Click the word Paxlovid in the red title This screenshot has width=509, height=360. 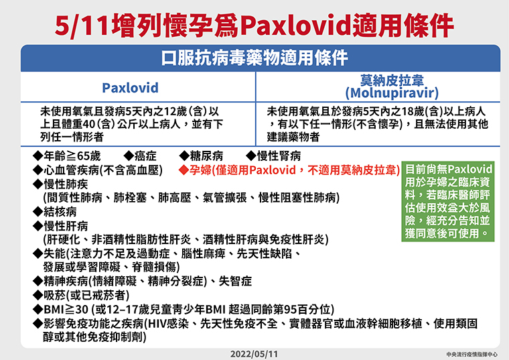click(x=296, y=26)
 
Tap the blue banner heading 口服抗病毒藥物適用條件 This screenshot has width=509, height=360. click(x=254, y=58)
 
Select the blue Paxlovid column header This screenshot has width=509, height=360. click(x=130, y=88)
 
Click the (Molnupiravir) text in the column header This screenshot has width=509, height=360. click(x=392, y=93)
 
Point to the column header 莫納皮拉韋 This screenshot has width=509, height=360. click(x=392, y=80)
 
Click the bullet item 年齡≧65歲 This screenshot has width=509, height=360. click(x=66, y=156)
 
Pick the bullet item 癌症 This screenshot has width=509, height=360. click(x=140, y=156)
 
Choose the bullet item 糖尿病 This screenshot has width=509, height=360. click(x=201, y=156)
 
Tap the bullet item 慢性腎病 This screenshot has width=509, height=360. click(x=273, y=156)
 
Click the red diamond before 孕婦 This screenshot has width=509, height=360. click(x=184, y=170)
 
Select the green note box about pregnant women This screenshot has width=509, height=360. click(x=448, y=201)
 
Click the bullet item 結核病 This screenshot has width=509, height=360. click(x=54, y=212)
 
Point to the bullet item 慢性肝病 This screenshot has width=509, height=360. click(x=60, y=226)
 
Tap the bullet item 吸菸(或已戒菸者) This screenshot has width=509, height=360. click(x=81, y=296)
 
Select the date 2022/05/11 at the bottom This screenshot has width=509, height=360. click(x=254, y=354)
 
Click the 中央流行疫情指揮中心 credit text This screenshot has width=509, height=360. click(x=472, y=355)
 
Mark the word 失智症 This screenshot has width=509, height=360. click(x=235, y=282)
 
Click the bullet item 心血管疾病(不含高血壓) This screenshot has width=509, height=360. click(x=97, y=170)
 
